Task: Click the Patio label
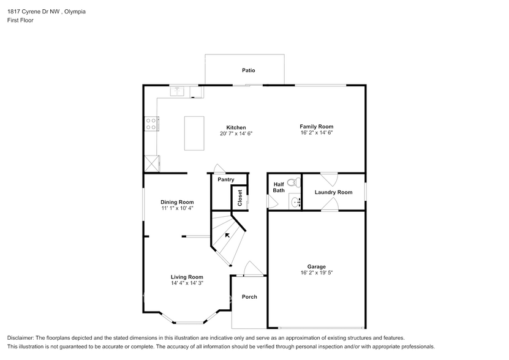pos(248,70)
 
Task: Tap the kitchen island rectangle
pos(194,133)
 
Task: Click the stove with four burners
pos(150,123)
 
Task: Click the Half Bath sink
pos(295,201)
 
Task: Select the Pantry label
pos(226,179)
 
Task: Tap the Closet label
pos(240,197)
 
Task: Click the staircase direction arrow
pos(228,234)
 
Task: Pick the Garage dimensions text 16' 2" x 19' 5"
pos(316,272)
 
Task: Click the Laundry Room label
pos(333,192)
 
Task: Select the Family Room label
pos(316,126)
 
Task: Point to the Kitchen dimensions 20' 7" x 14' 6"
pos(236,133)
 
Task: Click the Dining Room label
pos(177,202)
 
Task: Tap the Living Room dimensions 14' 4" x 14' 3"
pos(187,283)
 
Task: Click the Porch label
pos(249,297)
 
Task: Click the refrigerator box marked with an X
pos(151,163)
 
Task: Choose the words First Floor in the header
pos(21,20)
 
